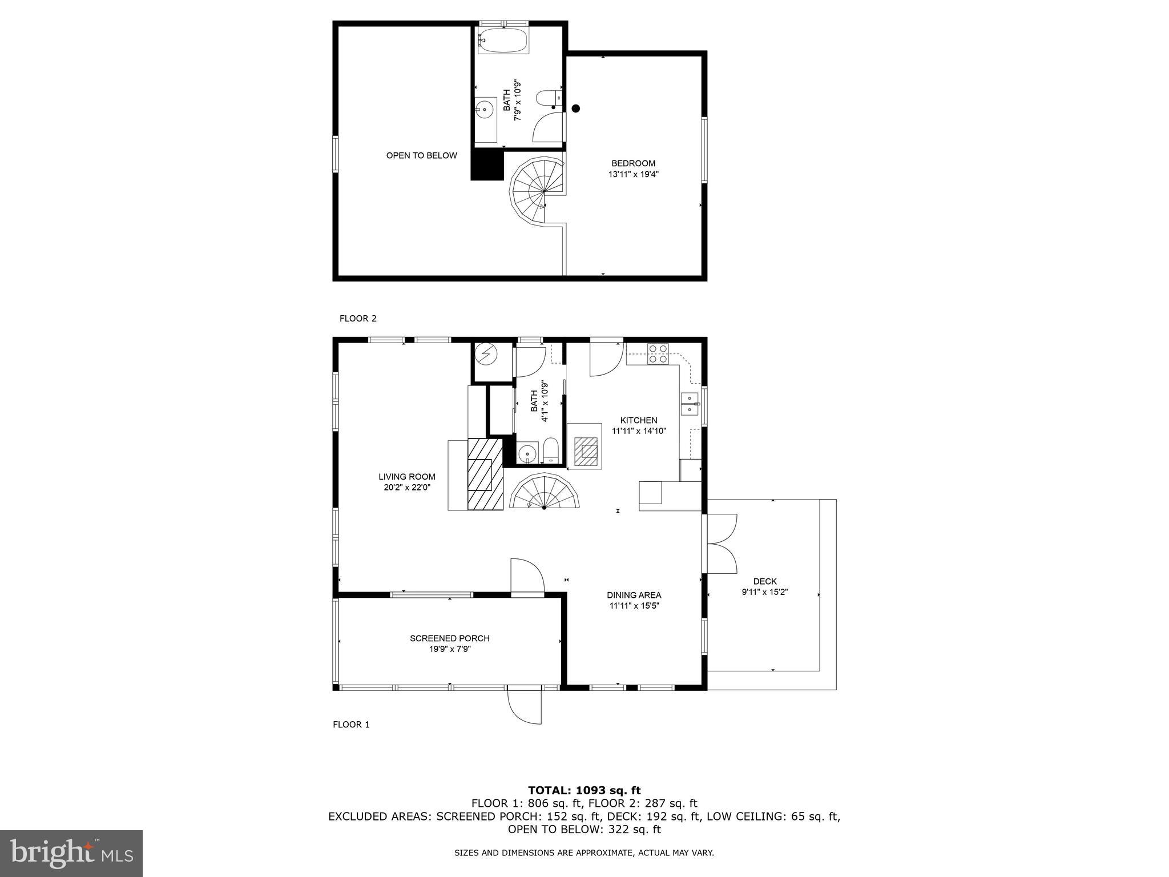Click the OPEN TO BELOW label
point(421,155)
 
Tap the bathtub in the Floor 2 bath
point(502,41)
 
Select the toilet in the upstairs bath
point(547,99)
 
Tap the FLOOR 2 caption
point(358,319)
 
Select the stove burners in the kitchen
point(658,354)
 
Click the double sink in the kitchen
point(690,404)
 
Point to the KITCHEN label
point(639,420)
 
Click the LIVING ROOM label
point(406,477)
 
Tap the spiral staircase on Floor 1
point(544,492)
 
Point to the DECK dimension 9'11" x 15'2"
point(764,592)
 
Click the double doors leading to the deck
point(721,544)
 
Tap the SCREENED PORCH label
point(449,638)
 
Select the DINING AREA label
point(634,595)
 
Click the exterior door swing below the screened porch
point(525,707)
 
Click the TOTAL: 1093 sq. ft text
point(584,790)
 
